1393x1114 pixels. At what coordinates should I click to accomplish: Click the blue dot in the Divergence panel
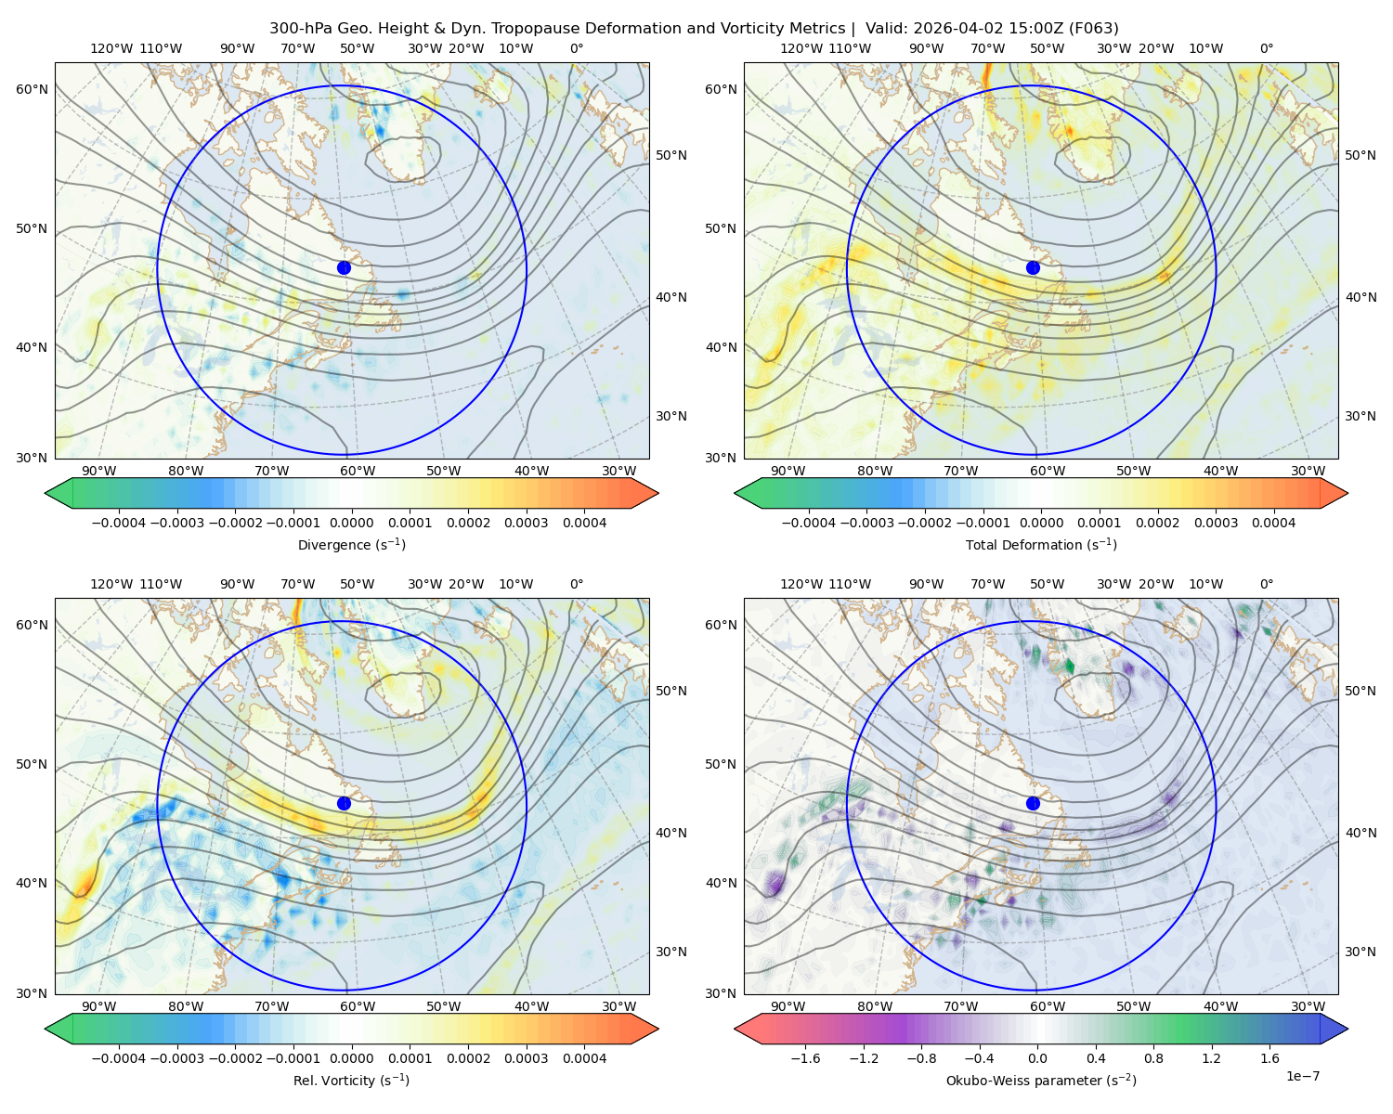pyautogui.click(x=344, y=267)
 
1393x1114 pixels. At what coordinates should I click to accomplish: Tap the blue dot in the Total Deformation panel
pyautogui.click(x=1033, y=267)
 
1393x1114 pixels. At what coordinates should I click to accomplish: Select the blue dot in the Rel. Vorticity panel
pyautogui.click(x=344, y=803)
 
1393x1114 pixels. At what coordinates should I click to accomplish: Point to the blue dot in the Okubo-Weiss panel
pyautogui.click(x=1033, y=803)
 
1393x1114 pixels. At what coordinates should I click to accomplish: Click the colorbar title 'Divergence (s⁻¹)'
pyautogui.click(x=351, y=544)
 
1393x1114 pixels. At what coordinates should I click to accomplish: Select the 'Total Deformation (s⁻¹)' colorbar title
pyautogui.click(x=1041, y=544)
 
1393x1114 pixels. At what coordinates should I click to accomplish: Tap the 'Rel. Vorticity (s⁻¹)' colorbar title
pyautogui.click(x=351, y=1080)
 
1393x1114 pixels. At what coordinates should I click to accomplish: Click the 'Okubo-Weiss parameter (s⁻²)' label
pyautogui.click(x=1041, y=1080)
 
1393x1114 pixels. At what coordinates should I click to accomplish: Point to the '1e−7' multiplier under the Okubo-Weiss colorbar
pyautogui.click(x=1302, y=1076)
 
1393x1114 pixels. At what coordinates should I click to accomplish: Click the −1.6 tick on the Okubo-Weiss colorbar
pyautogui.click(x=805, y=1058)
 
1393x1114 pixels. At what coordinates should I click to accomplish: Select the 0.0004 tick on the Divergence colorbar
pyautogui.click(x=584, y=523)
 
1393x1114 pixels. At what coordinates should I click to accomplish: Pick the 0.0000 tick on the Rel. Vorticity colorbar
pyautogui.click(x=351, y=1058)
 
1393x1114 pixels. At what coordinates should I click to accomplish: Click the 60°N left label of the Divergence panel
pyautogui.click(x=32, y=89)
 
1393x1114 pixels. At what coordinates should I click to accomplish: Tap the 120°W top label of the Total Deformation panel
pyautogui.click(x=801, y=48)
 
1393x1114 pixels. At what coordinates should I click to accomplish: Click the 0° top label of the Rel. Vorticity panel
pyautogui.click(x=577, y=584)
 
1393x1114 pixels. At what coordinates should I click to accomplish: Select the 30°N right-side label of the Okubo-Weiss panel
pyautogui.click(x=1360, y=952)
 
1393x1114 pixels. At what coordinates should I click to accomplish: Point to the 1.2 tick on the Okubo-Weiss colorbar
pyautogui.click(x=1211, y=1058)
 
